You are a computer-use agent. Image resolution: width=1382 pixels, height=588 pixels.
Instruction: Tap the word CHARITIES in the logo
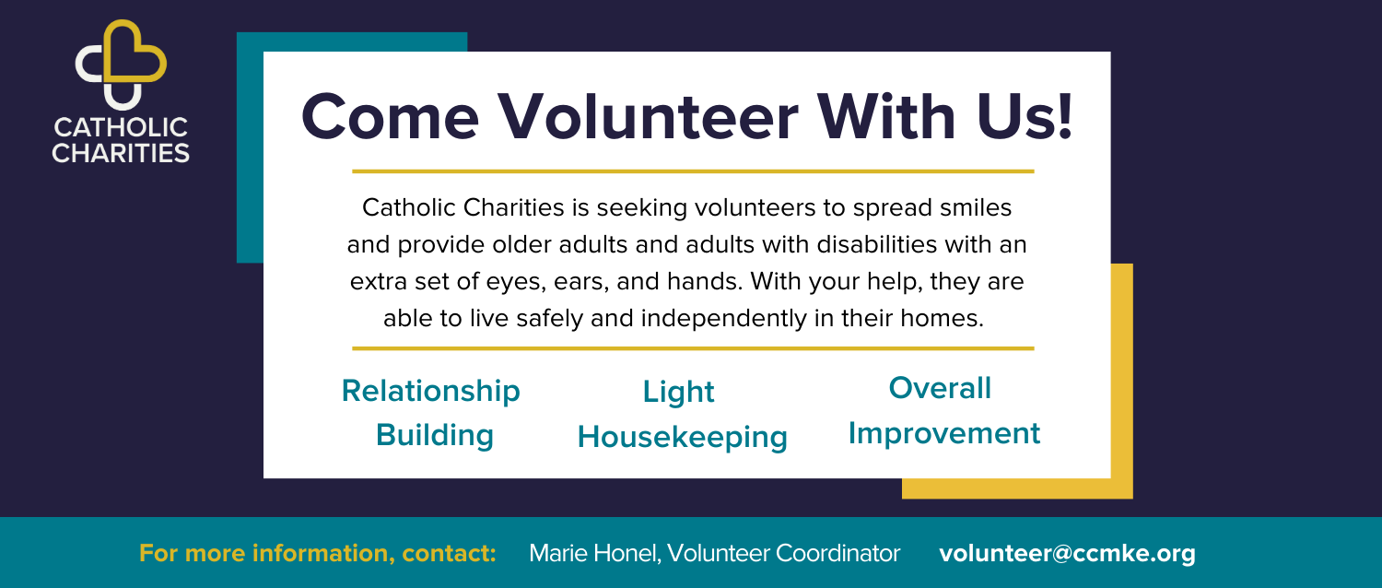[x=121, y=153]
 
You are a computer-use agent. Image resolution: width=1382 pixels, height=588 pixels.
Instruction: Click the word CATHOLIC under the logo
[x=121, y=128]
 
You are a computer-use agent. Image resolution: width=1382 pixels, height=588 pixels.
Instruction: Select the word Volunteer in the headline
[x=649, y=117]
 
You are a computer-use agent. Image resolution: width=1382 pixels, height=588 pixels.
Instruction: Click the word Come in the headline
[x=390, y=117]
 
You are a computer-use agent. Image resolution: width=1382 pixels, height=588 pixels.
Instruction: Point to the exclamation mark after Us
[x=1065, y=116]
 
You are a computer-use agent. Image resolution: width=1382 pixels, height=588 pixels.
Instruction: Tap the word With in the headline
[x=886, y=116]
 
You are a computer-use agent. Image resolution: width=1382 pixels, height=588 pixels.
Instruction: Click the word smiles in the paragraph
[x=976, y=208]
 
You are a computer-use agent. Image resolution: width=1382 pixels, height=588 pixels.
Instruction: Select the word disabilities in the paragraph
[x=877, y=244]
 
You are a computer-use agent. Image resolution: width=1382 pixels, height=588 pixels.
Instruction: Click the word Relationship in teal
[x=431, y=391]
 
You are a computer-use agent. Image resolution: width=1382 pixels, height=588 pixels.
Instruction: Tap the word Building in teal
[x=435, y=436]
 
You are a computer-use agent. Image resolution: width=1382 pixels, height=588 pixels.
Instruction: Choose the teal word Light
[x=679, y=393]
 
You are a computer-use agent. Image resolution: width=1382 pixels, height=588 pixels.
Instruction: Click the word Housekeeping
[x=683, y=438]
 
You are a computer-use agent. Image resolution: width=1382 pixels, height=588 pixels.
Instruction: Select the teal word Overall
[x=940, y=388]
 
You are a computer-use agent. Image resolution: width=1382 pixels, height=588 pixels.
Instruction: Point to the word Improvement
[x=944, y=434]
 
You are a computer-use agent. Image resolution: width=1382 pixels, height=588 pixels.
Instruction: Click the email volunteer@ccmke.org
[x=1067, y=553]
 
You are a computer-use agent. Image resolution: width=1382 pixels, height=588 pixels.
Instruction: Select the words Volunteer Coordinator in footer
[x=783, y=553]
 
